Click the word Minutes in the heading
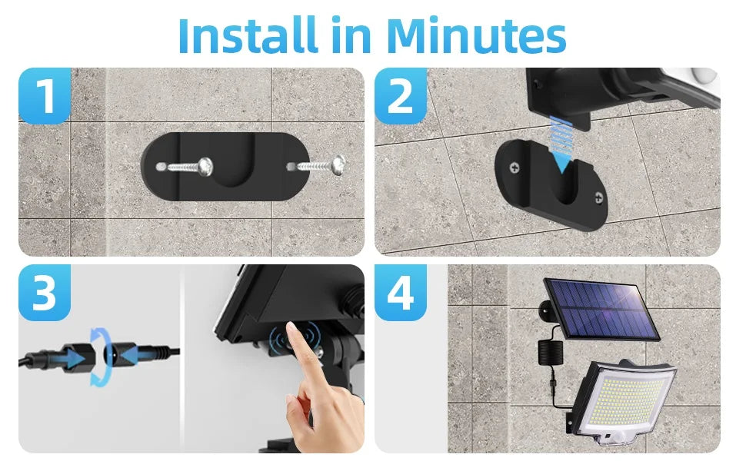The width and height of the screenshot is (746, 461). tap(476, 35)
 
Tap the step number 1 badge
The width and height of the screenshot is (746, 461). tap(45, 96)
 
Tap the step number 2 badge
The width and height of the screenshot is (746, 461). tap(401, 96)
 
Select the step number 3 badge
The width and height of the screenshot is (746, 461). tap(45, 293)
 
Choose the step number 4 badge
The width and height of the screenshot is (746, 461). tap(401, 293)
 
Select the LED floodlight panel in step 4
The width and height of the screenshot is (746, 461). tap(623, 400)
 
